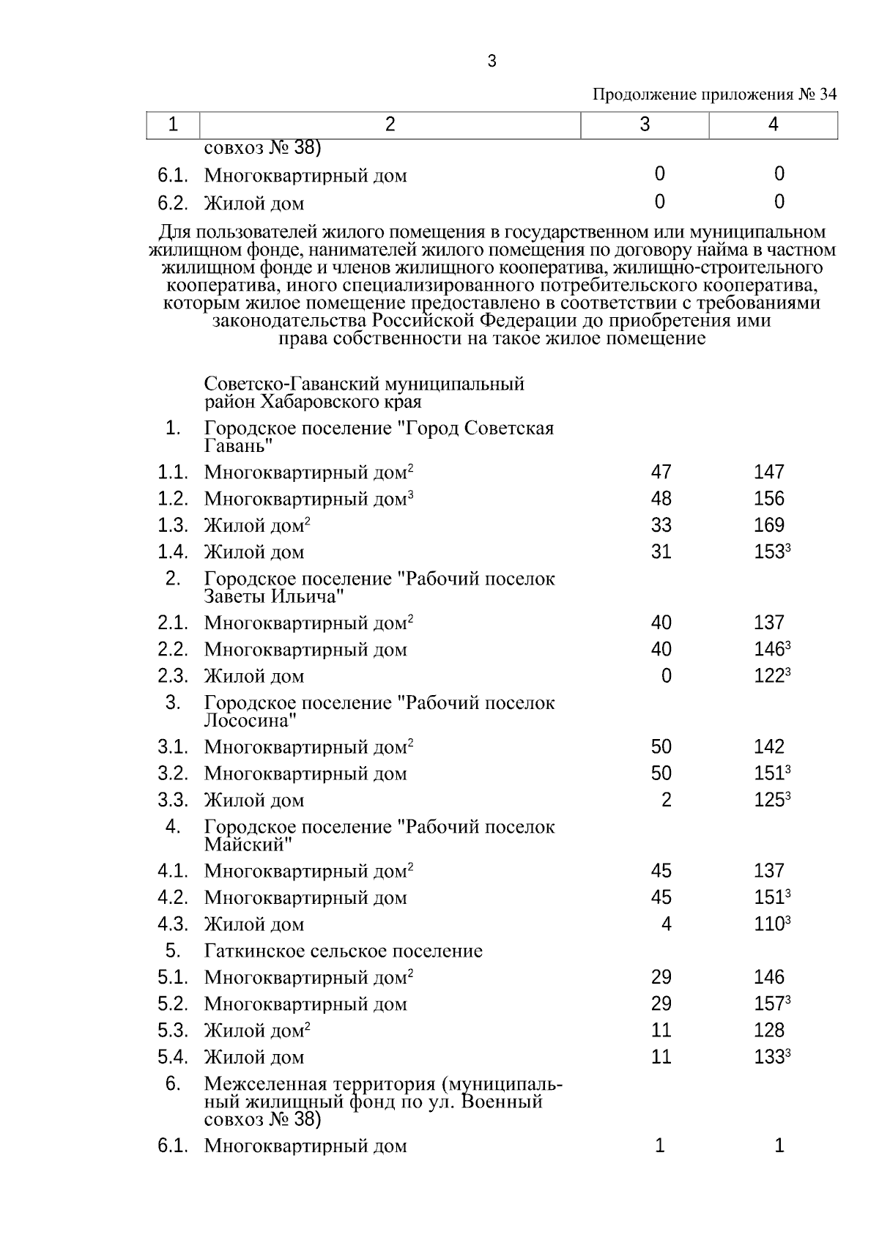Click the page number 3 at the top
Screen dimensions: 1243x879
click(492, 62)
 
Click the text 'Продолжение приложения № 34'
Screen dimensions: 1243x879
click(713, 94)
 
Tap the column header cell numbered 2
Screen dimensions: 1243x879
click(390, 125)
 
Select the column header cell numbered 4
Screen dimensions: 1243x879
click(773, 125)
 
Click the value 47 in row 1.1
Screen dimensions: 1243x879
click(661, 472)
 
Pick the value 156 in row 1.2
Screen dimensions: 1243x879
click(768, 499)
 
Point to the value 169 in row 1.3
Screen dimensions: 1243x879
click(768, 525)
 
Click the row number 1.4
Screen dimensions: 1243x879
click(173, 552)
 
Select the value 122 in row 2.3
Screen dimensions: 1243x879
click(769, 676)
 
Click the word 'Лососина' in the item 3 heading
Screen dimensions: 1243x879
click(249, 720)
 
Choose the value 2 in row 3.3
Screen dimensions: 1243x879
click(666, 800)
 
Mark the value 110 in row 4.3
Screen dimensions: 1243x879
click(769, 924)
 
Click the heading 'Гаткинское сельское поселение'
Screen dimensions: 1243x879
click(344, 951)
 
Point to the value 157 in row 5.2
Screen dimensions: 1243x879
click(769, 1004)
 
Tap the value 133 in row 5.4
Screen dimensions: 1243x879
click(769, 1057)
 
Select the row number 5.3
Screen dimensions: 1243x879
click(173, 1031)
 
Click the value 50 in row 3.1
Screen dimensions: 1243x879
click(661, 747)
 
